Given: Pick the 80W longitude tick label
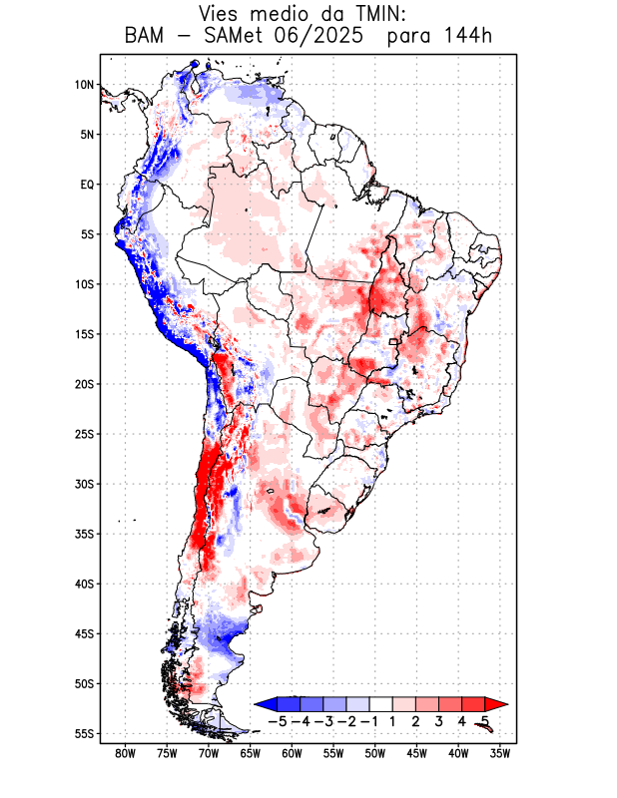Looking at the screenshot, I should [126, 753].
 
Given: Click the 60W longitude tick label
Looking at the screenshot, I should [293, 753].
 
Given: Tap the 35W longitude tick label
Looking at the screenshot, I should [501, 753].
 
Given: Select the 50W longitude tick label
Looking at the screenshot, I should [375, 753].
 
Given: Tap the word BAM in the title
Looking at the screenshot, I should [147, 37].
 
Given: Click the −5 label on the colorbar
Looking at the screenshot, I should [279, 720].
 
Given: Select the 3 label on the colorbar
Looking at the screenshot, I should [438, 720].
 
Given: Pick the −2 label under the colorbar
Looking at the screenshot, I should [346, 720].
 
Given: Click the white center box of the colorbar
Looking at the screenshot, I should [380, 703].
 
